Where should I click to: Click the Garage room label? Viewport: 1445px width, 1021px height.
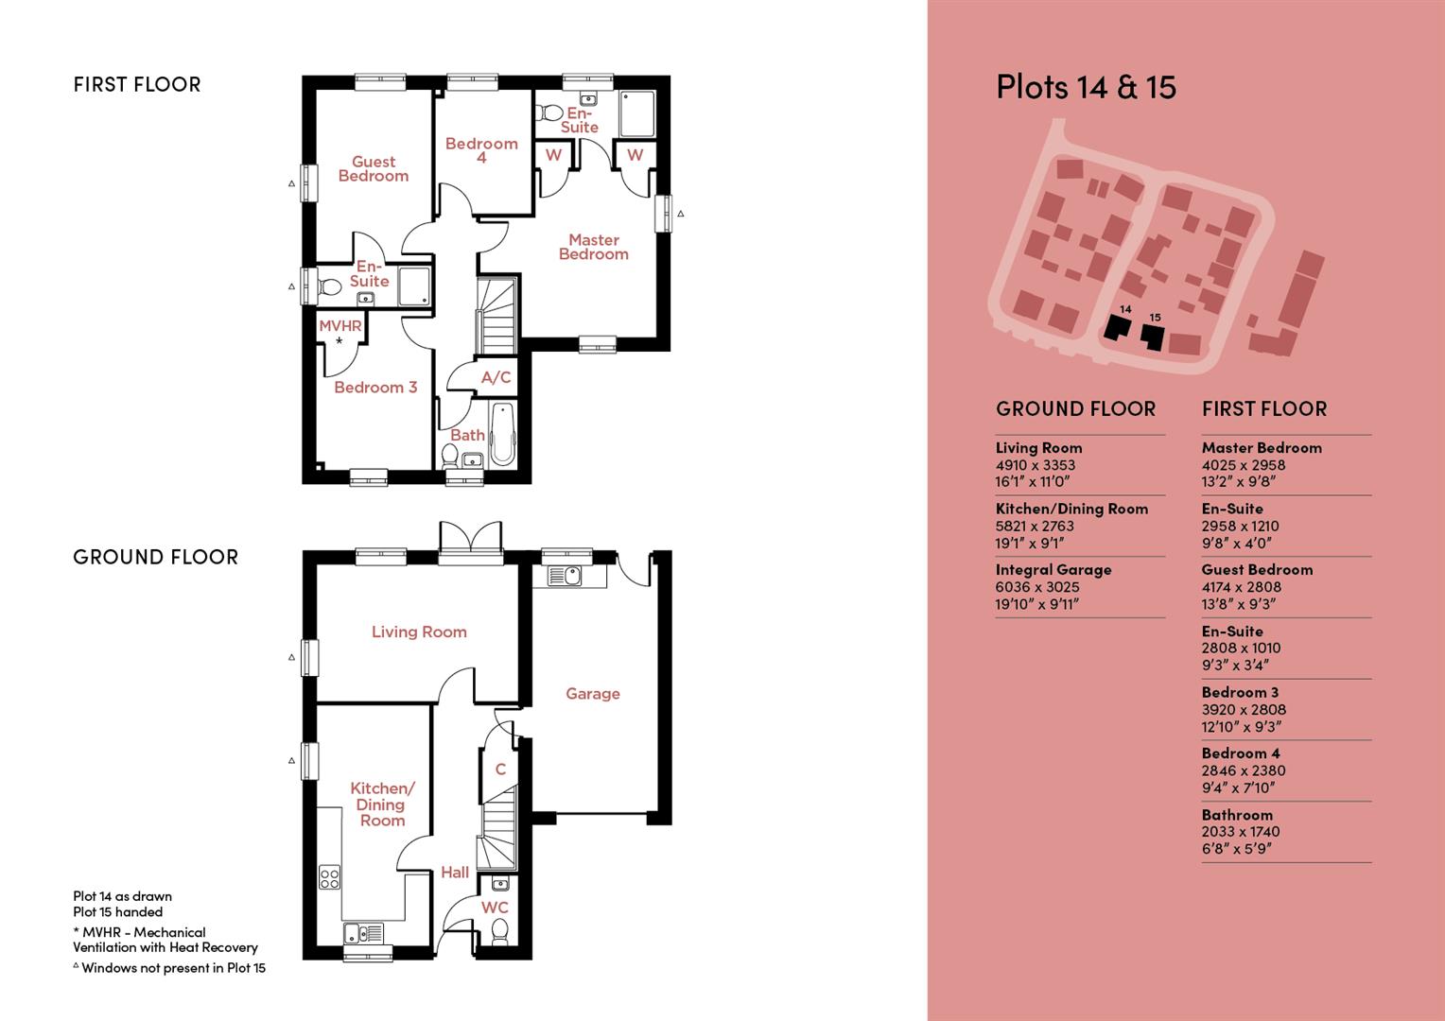click(x=593, y=694)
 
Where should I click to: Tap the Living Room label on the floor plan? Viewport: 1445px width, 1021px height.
click(x=419, y=632)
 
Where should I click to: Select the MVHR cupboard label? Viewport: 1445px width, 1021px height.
click(x=340, y=326)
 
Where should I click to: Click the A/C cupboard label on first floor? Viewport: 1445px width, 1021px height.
click(x=496, y=378)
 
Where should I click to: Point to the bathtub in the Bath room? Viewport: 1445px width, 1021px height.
click(x=502, y=435)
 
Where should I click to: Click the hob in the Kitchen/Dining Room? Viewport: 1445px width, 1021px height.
click(x=330, y=878)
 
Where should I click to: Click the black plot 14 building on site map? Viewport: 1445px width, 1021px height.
click(x=1119, y=328)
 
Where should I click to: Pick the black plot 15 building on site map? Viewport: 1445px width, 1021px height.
click(x=1152, y=337)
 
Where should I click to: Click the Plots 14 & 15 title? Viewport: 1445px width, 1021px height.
click(x=1086, y=87)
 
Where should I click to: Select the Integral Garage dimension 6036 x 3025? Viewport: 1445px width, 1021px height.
click(x=1037, y=587)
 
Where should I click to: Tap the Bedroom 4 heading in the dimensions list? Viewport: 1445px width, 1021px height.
click(x=1241, y=753)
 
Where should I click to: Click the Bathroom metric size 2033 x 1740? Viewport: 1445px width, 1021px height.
click(x=1241, y=832)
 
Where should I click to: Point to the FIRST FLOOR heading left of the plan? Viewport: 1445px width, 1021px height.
click(x=137, y=85)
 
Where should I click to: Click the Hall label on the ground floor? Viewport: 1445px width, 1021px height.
click(x=455, y=873)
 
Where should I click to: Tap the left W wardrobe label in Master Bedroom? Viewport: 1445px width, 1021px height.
click(x=554, y=155)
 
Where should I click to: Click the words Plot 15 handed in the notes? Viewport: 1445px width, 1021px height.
click(x=118, y=912)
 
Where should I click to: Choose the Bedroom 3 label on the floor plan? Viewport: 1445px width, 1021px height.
click(x=375, y=388)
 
